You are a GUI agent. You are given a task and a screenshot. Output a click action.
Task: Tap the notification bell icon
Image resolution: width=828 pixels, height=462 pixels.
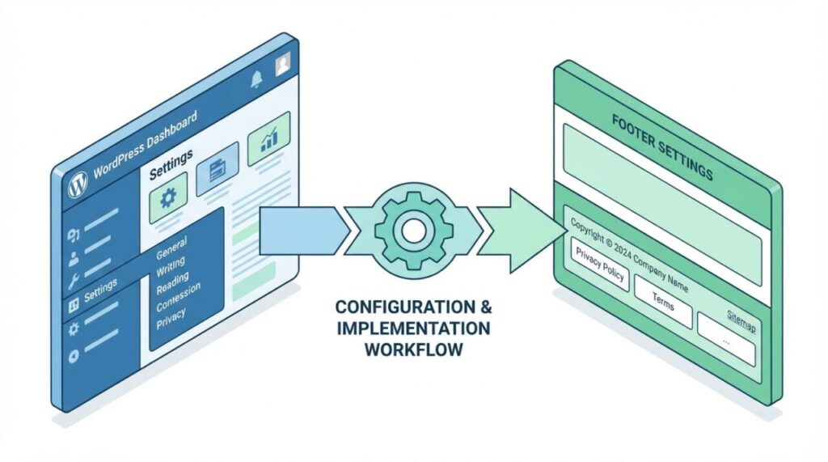(257, 78)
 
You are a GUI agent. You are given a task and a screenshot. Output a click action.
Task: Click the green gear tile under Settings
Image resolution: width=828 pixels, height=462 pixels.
(167, 197)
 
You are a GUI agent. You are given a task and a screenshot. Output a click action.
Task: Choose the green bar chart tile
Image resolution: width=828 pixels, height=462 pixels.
(268, 139)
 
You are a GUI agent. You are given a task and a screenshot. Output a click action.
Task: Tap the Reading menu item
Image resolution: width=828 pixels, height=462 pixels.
(173, 280)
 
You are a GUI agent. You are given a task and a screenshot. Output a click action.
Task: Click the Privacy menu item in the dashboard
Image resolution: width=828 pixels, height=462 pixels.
(171, 315)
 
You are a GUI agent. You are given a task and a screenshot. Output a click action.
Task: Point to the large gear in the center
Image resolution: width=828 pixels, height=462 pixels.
(413, 229)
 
